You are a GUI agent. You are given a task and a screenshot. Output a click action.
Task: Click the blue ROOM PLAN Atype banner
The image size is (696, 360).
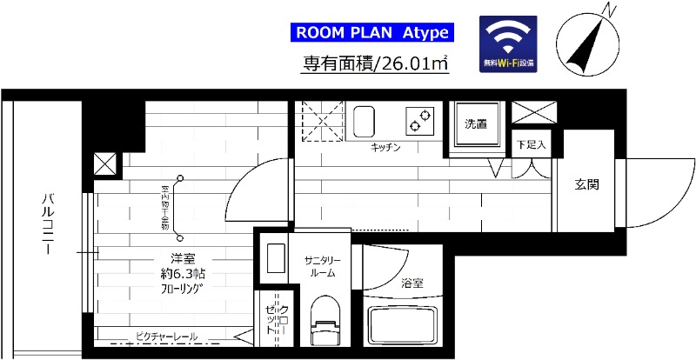click(x=372, y=33)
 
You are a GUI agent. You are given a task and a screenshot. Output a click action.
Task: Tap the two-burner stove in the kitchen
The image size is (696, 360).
click(x=420, y=119)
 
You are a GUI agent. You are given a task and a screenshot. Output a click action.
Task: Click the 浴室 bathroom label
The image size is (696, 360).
click(x=412, y=283)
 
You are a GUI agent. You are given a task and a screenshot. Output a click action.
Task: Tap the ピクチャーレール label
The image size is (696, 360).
click(x=166, y=337)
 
